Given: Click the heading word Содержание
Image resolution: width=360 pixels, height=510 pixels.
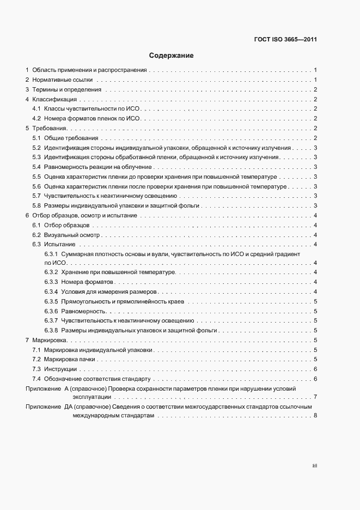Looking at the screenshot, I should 171,56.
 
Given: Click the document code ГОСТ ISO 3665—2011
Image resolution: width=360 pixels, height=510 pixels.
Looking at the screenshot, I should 285,40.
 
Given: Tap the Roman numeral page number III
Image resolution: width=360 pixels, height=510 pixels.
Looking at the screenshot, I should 315,466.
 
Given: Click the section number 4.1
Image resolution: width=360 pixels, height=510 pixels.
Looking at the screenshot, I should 36,109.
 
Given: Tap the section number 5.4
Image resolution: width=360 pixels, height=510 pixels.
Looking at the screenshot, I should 36,167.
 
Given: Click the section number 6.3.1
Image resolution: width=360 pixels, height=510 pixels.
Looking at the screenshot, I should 51,254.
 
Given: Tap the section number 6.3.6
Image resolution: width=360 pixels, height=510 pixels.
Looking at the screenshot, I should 51,311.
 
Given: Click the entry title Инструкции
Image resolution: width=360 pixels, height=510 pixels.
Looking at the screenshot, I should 61,369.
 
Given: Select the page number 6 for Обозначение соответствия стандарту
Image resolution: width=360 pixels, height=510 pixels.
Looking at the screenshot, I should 316,379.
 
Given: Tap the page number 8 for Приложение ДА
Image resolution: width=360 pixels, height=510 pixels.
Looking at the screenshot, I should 316,416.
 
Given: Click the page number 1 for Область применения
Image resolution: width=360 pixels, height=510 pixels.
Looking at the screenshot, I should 316,70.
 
